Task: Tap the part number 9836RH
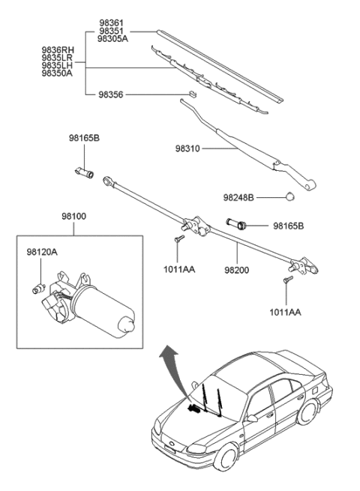click(x=57, y=49)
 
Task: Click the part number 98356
click(x=111, y=95)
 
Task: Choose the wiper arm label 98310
click(x=188, y=149)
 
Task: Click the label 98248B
click(x=238, y=198)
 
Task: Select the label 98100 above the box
click(x=73, y=217)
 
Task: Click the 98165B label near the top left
click(x=84, y=139)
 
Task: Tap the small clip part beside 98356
click(x=191, y=94)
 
